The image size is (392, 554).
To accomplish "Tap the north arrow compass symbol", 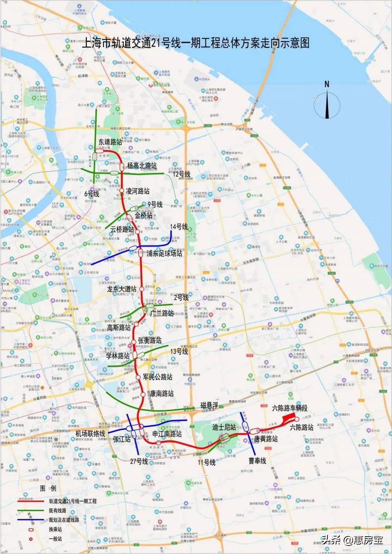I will (x=327, y=102).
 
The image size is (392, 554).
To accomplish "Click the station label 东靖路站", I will (x=110, y=142).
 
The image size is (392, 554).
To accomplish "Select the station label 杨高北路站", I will (x=142, y=166).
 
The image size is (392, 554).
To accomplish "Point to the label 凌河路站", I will (x=138, y=191).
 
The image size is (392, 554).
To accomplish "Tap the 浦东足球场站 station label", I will (x=164, y=253).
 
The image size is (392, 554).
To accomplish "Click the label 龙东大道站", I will (x=122, y=289).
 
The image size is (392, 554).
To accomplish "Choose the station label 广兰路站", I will (x=162, y=313).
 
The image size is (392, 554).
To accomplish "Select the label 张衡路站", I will (x=150, y=340).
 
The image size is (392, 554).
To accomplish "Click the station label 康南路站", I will (x=162, y=394).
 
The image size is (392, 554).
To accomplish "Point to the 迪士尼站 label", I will (x=224, y=427).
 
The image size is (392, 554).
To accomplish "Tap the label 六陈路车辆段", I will (x=290, y=408).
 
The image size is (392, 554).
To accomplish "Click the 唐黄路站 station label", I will (x=266, y=439).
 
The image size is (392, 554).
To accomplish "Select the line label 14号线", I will (x=179, y=227).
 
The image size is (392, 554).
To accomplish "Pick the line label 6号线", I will (x=92, y=194).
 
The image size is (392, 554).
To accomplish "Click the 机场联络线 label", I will (x=90, y=433).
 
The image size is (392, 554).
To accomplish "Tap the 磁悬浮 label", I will (x=209, y=405).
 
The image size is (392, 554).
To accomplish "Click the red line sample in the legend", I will (x=31, y=501).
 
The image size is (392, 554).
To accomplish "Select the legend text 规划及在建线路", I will (x=64, y=520).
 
